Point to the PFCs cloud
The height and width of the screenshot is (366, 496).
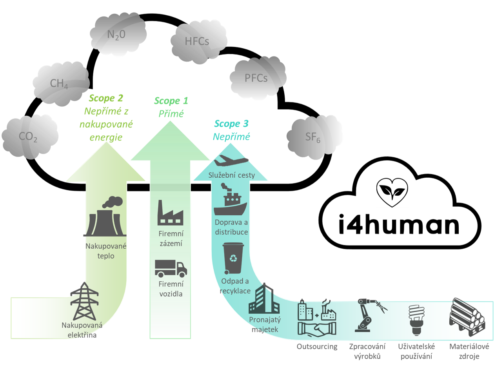point(256,78)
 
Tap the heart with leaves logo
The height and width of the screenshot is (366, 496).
point(392,192)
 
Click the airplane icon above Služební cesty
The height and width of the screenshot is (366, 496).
point(232,161)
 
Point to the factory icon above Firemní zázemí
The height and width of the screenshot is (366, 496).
point(171,213)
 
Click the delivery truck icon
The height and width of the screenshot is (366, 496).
point(171,269)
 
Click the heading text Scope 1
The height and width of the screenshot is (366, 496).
point(171,101)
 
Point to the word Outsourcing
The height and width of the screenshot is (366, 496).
point(317,346)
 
